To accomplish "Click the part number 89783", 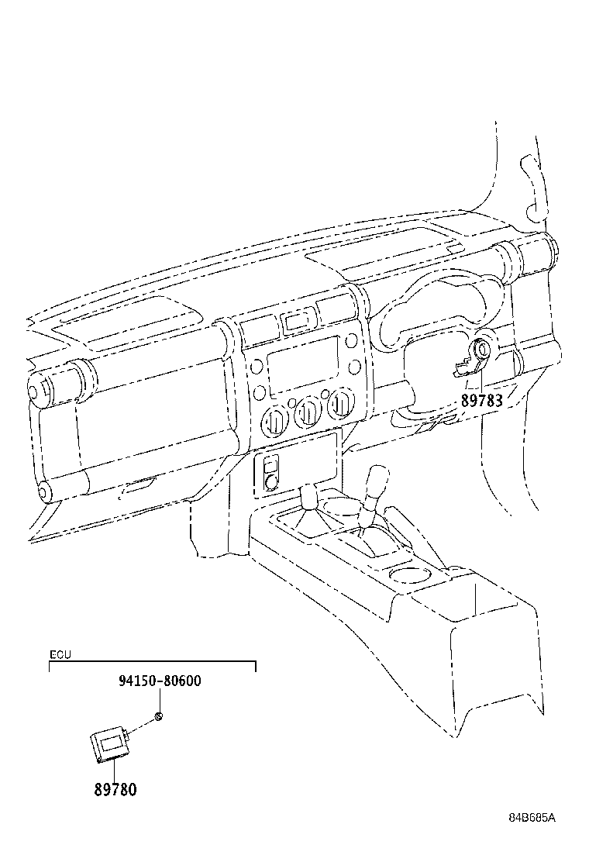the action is (x=481, y=400).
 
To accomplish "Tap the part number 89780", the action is (x=115, y=789).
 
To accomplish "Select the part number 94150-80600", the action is (x=160, y=681).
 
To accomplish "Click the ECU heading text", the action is (x=60, y=655).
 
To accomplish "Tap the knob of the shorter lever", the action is (x=309, y=495).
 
